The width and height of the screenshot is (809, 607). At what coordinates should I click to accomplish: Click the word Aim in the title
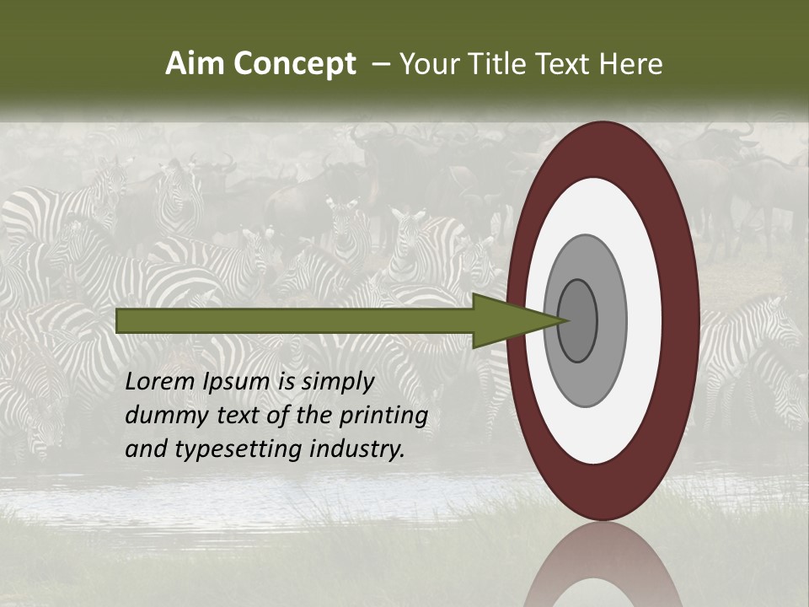pyautogui.click(x=196, y=64)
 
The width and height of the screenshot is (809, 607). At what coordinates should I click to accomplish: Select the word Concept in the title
pyautogui.click(x=295, y=64)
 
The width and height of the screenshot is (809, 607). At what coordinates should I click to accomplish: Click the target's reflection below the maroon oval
pyautogui.click(x=603, y=565)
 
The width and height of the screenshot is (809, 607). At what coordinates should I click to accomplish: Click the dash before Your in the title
pyautogui.click(x=380, y=64)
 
